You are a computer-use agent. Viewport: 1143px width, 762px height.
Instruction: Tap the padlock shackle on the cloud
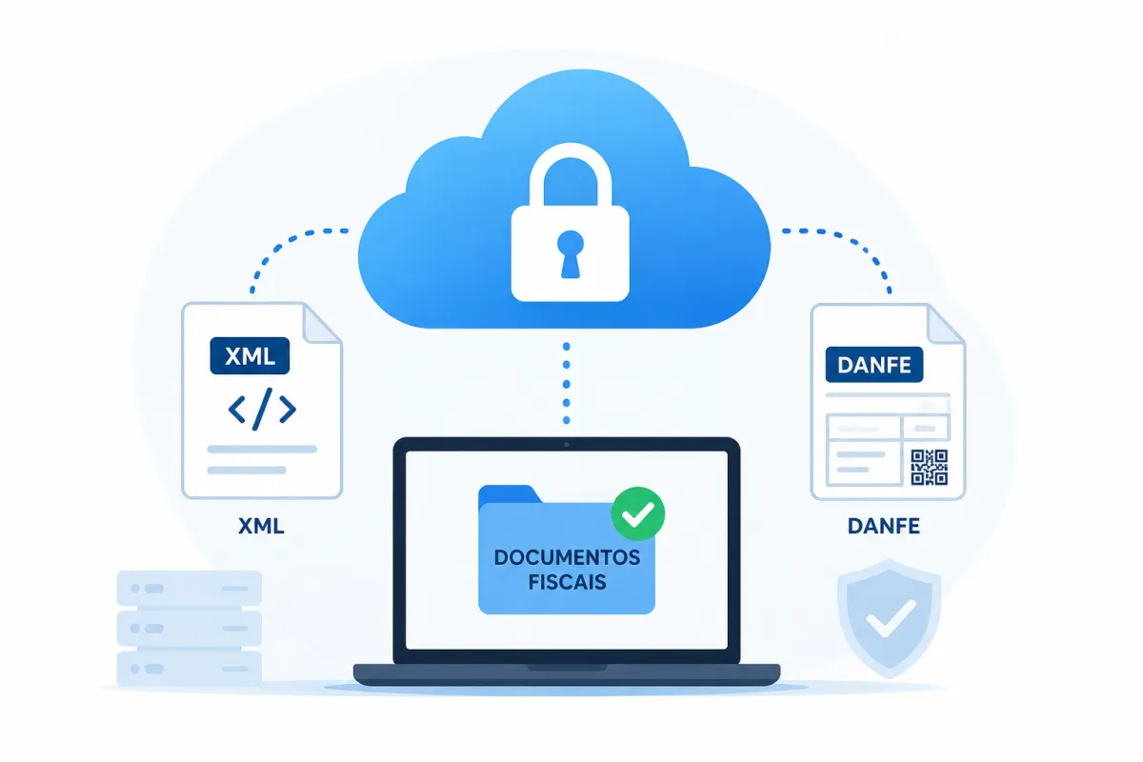tap(571, 153)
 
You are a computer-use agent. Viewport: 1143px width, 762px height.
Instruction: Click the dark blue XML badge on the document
tap(250, 355)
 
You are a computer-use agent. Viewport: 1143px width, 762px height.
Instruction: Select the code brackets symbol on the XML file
tap(262, 409)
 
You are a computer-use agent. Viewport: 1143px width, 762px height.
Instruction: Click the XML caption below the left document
tap(261, 526)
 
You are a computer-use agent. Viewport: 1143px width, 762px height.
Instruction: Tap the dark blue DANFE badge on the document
tap(874, 365)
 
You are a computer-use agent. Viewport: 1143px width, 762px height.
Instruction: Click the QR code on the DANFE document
tap(930, 467)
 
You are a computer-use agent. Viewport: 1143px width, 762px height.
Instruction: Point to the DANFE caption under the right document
tap(884, 526)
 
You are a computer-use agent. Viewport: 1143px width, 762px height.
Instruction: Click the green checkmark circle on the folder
tap(638, 513)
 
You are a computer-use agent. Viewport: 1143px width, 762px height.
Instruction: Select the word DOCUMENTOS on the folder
tap(567, 557)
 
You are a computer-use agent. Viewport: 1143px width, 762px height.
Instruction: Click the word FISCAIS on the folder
tap(567, 582)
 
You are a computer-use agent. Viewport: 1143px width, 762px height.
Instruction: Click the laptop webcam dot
tap(567, 445)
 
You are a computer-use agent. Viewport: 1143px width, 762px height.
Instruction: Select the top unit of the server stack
tap(190, 589)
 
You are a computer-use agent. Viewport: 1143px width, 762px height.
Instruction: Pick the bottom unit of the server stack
tap(190, 669)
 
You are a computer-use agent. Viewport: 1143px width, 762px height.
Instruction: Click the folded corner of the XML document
tap(321, 323)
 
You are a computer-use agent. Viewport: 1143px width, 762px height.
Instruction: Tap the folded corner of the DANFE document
tap(945, 325)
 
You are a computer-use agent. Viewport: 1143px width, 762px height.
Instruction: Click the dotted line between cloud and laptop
tap(567, 384)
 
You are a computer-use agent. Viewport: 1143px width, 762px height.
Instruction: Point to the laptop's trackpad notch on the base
tap(567, 668)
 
